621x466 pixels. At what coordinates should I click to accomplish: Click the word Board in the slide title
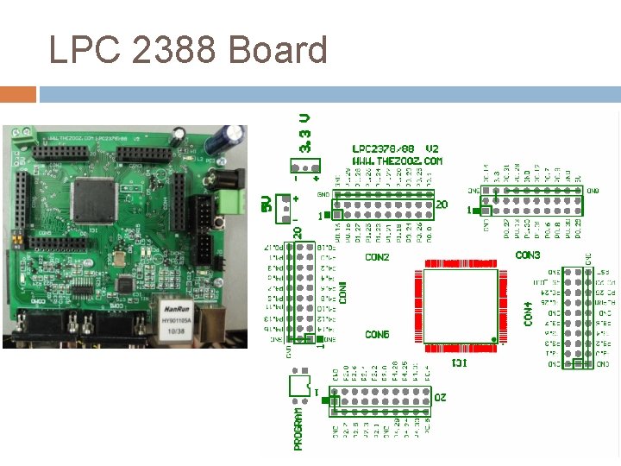click(278, 50)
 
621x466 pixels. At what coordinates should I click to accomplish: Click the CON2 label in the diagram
click(377, 257)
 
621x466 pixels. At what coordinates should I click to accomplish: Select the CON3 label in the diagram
click(528, 255)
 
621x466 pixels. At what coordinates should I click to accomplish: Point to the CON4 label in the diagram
click(528, 313)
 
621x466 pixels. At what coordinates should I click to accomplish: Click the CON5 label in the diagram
click(377, 334)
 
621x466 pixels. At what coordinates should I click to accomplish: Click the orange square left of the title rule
click(18, 93)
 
